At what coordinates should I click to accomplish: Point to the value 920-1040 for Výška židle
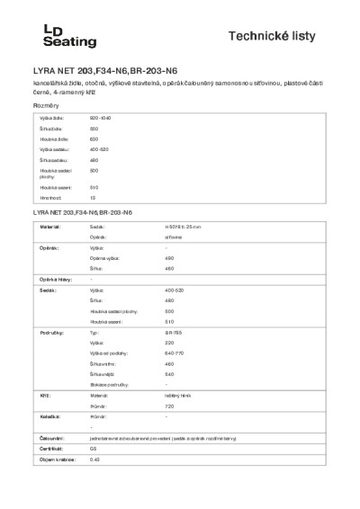[100, 119]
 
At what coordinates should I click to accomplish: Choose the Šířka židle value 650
[94, 129]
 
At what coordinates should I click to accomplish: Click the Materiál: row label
[49, 228]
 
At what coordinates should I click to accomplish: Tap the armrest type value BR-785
[175, 332]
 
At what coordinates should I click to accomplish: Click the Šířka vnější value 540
[170, 374]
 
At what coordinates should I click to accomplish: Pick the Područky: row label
[50, 332]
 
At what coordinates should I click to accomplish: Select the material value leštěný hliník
[178, 395]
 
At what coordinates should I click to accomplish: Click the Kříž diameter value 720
[170, 406]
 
